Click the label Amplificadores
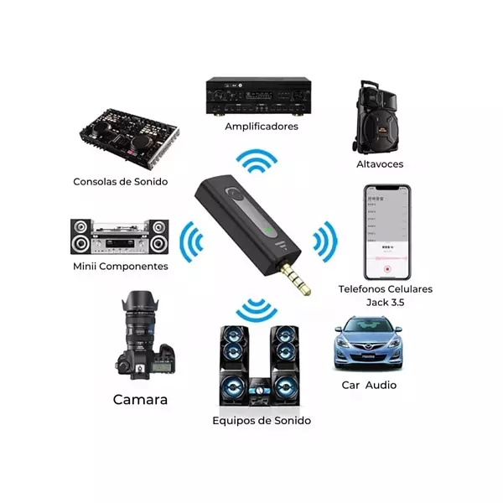(261, 127)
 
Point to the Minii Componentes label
(121, 267)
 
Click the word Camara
(140, 400)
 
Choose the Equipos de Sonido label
(262, 420)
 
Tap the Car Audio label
(369, 386)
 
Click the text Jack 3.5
(384, 302)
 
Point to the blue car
(366, 344)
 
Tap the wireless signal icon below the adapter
(257, 312)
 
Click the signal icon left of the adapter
(190, 243)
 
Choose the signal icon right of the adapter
(324, 242)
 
